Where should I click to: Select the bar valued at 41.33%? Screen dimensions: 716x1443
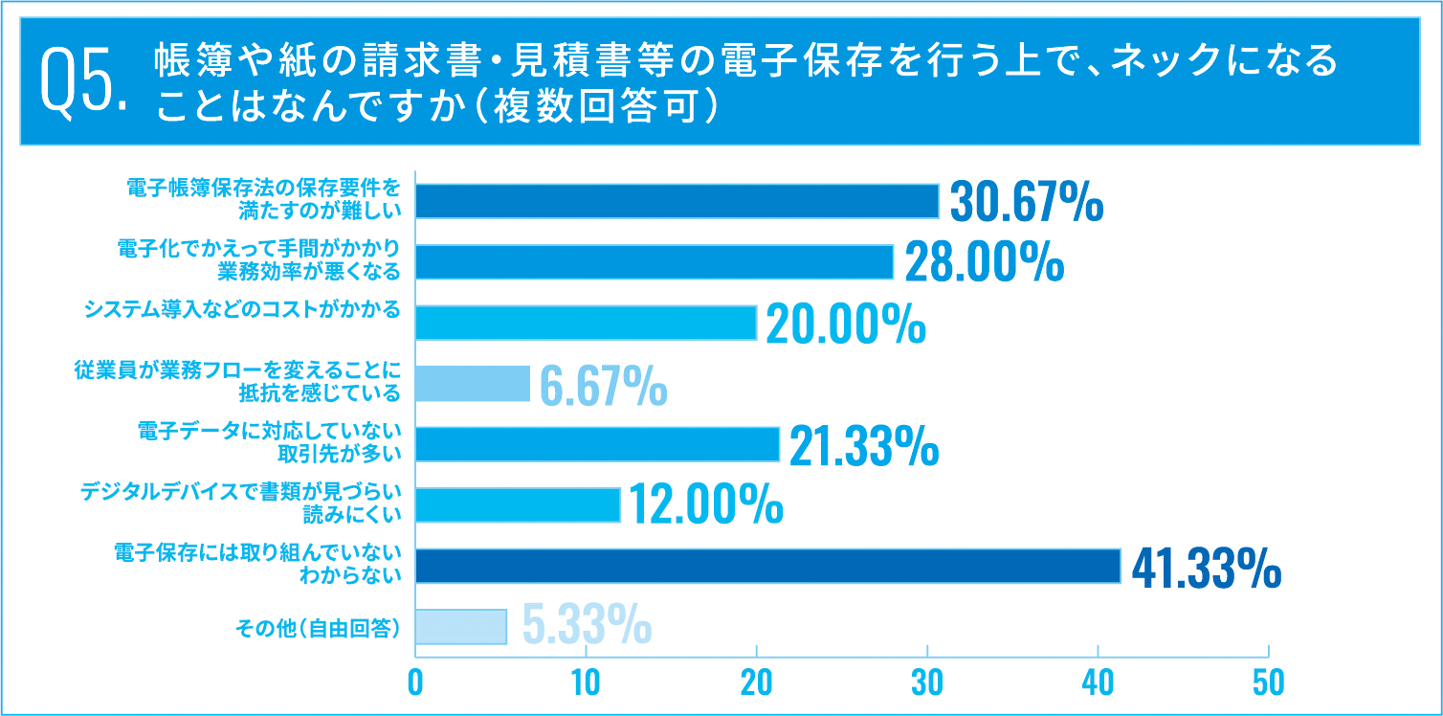(767, 566)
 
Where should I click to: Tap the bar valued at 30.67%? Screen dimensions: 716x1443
(677, 201)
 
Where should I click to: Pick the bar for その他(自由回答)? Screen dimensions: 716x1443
(460, 627)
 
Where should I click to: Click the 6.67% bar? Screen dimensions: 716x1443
(472, 383)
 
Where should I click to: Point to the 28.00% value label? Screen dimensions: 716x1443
(984, 262)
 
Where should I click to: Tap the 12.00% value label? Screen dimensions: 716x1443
(705, 504)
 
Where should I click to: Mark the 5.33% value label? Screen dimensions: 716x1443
(587, 627)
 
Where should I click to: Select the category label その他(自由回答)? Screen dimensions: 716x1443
(317, 628)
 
